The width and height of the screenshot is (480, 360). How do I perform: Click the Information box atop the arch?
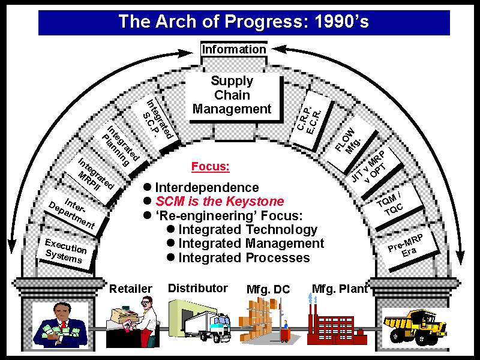[x=234, y=49]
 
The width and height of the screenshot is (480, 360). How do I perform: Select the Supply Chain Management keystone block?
[x=234, y=97]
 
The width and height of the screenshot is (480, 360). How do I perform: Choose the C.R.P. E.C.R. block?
[x=311, y=121]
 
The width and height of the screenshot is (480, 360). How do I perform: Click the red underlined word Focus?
[x=211, y=167]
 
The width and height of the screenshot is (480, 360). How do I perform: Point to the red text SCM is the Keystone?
[x=220, y=202]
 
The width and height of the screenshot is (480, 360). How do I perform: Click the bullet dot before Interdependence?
[x=147, y=187]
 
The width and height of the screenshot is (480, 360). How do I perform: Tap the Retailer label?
[x=131, y=289]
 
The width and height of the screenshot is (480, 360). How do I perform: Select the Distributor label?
[x=198, y=288]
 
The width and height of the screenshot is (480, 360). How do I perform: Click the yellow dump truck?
[x=415, y=327]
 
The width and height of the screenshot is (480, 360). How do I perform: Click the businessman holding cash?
[x=61, y=325]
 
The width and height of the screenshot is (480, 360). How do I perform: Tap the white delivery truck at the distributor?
[x=208, y=326]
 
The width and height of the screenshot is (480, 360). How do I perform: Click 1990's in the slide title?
[x=341, y=22]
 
